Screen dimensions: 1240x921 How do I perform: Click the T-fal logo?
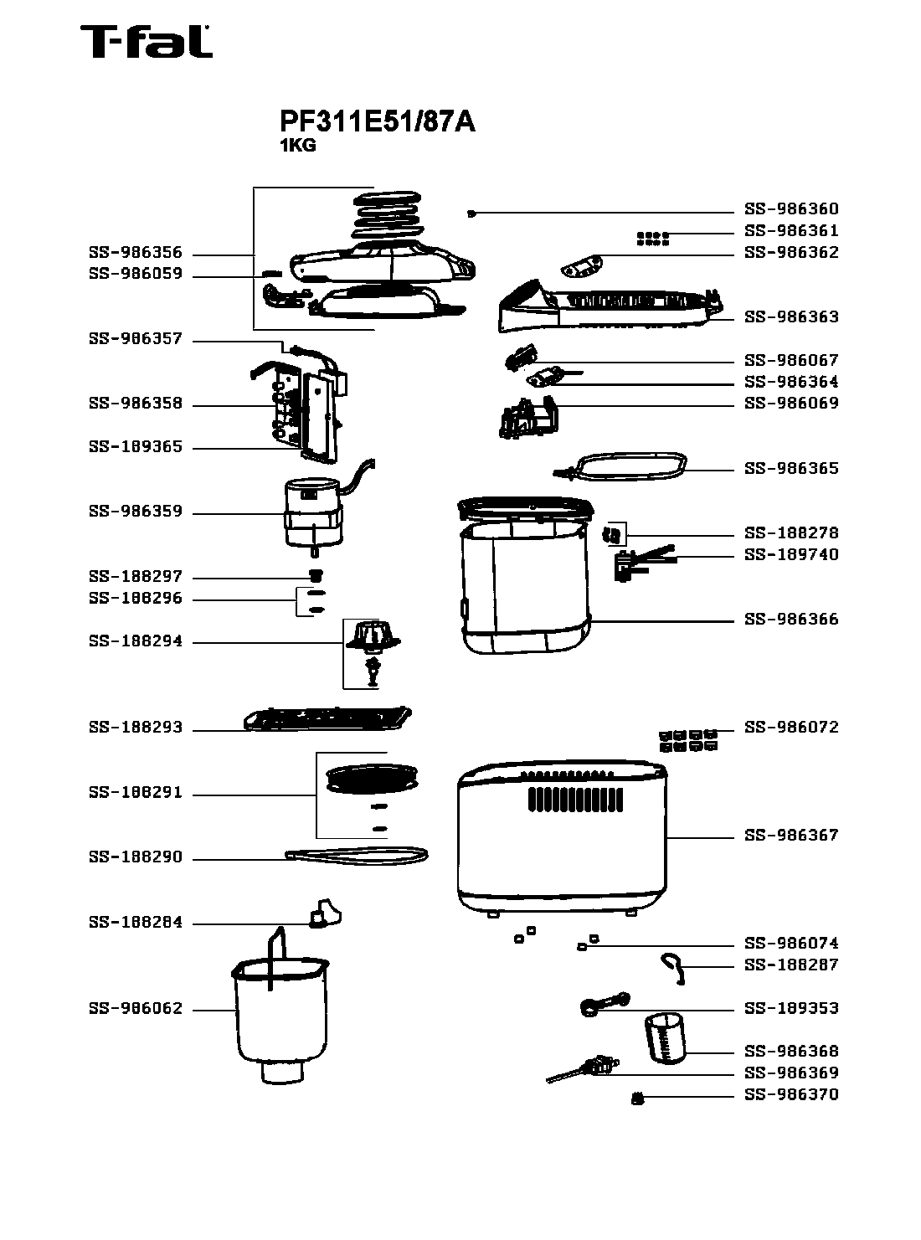(146, 42)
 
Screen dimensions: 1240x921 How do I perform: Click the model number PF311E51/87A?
(378, 122)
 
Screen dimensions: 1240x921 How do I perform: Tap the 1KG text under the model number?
(297, 145)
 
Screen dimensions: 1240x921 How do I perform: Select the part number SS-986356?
(135, 253)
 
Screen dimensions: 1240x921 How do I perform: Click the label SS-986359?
(135, 512)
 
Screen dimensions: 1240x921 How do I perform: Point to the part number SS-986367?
(791, 835)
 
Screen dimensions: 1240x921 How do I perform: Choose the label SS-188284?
(135, 923)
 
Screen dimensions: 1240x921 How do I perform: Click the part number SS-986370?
(791, 1094)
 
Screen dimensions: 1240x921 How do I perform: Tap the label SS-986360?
(791, 208)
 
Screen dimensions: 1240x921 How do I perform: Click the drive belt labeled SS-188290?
(357, 855)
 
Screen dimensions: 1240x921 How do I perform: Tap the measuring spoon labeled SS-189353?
(605, 1003)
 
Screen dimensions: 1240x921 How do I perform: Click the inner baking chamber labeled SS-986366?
(525, 586)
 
